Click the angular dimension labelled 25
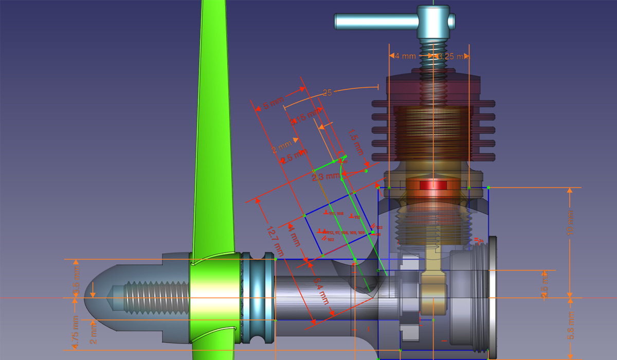point(327,93)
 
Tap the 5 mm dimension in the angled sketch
point(273,104)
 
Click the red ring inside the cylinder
point(433,185)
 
